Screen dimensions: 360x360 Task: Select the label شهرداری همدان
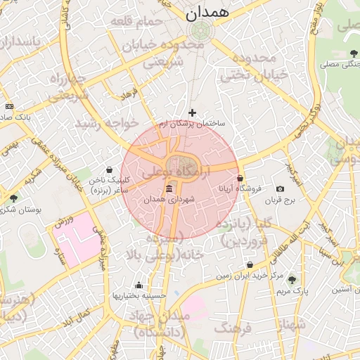point(169,200)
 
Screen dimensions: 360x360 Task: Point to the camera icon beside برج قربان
point(280,189)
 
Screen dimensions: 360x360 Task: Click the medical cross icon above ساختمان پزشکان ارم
point(192,112)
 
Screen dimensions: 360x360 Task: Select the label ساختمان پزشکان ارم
point(192,123)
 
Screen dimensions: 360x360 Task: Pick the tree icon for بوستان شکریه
point(13,199)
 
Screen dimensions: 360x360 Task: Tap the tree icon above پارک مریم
point(292,280)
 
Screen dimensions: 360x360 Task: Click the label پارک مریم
point(292,290)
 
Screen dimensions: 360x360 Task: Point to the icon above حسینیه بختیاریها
point(139,285)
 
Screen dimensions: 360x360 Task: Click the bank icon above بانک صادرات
point(8,106)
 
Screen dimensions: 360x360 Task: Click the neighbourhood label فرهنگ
point(234,328)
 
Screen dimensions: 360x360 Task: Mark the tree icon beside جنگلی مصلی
point(353,54)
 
